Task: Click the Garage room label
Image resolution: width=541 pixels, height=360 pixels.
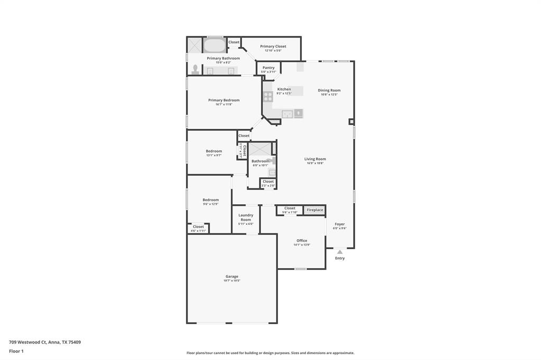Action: tap(232, 276)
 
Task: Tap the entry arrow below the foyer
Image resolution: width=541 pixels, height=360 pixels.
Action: tap(340, 252)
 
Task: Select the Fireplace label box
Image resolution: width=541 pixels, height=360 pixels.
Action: tap(315, 210)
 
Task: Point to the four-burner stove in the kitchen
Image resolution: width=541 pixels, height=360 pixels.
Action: tap(268, 97)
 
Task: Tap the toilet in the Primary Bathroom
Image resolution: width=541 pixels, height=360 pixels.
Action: tap(195, 69)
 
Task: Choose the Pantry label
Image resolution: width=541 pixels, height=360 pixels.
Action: tap(268, 68)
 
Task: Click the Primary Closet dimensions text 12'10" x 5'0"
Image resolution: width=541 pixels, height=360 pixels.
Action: tap(273, 51)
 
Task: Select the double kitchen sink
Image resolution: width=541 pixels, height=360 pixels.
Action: tap(287, 113)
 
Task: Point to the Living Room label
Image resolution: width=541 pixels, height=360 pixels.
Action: tap(315, 159)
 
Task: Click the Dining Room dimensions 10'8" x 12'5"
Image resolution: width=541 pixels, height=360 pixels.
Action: tap(329, 94)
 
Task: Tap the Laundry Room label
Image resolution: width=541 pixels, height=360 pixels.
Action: tap(246, 217)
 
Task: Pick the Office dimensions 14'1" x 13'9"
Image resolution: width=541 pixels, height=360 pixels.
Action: tap(302, 245)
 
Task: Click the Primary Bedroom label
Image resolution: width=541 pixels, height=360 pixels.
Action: tap(223, 100)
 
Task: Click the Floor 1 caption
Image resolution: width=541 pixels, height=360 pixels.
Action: tap(16, 351)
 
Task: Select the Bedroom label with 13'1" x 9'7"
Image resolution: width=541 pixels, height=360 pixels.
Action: tap(214, 151)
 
